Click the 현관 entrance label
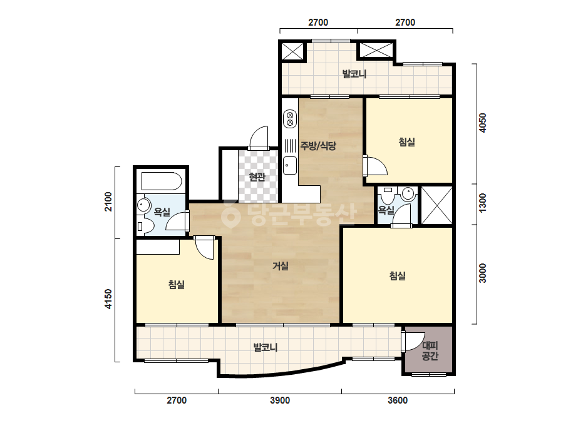(x=257, y=177)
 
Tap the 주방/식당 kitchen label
(x=318, y=146)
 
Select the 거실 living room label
(x=280, y=266)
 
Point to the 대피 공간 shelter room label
(x=430, y=351)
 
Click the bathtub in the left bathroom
(x=162, y=181)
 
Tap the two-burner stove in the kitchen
(x=290, y=119)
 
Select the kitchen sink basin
(x=290, y=165)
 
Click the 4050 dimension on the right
(x=482, y=123)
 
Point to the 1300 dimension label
(x=482, y=203)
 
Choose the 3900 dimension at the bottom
(x=280, y=400)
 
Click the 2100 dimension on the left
(x=108, y=201)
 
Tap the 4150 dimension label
(x=108, y=299)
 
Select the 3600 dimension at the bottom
(x=398, y=400)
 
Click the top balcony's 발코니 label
(x=354, y=74)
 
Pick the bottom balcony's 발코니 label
(x=266, y=347)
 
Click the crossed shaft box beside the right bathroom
(x=436, y=205)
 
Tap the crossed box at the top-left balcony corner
(x=292, y=51)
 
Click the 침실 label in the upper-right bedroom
(x=407, y=142)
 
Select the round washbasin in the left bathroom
(x=143, y=205)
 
